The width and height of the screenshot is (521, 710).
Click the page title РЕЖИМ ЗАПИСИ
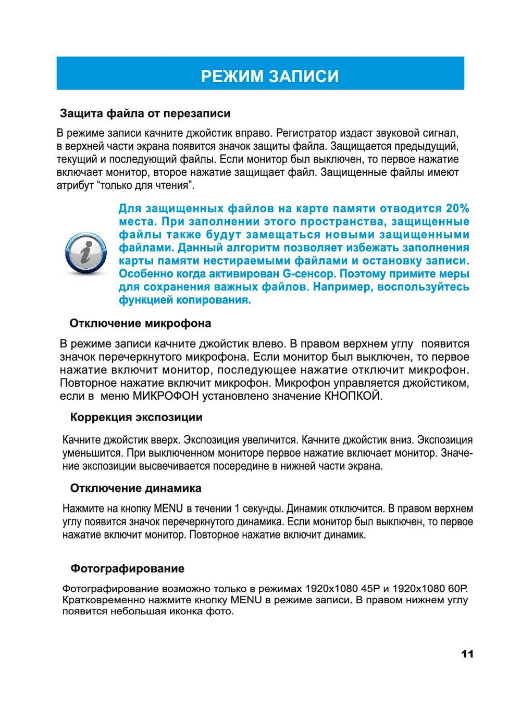[x=270, y=76]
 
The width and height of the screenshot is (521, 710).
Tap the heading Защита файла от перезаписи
[x=145, y=113]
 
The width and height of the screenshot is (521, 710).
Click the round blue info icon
[x=85, y=254]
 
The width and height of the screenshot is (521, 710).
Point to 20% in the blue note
[x=457, y=209]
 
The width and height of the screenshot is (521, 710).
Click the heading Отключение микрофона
[x=140, y=323]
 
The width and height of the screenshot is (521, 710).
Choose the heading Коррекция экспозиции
[x=137, y=417]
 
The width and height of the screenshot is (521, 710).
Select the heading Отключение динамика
[x=135, y=488]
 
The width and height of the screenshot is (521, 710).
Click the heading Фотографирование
[x=127, y=568]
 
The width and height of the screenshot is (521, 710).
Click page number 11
[x=467, y=654]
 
